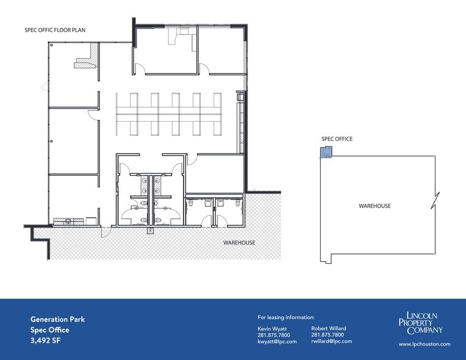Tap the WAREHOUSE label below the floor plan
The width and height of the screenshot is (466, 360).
click(239, 243)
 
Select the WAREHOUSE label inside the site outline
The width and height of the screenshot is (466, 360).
click(375, 206)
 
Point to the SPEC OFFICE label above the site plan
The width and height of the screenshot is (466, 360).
click(337, 139)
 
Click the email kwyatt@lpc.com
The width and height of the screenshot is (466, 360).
click(277, 342)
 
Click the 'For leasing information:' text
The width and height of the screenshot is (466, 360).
click(286, 317)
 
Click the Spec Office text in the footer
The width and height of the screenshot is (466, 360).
click(50, 330)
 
